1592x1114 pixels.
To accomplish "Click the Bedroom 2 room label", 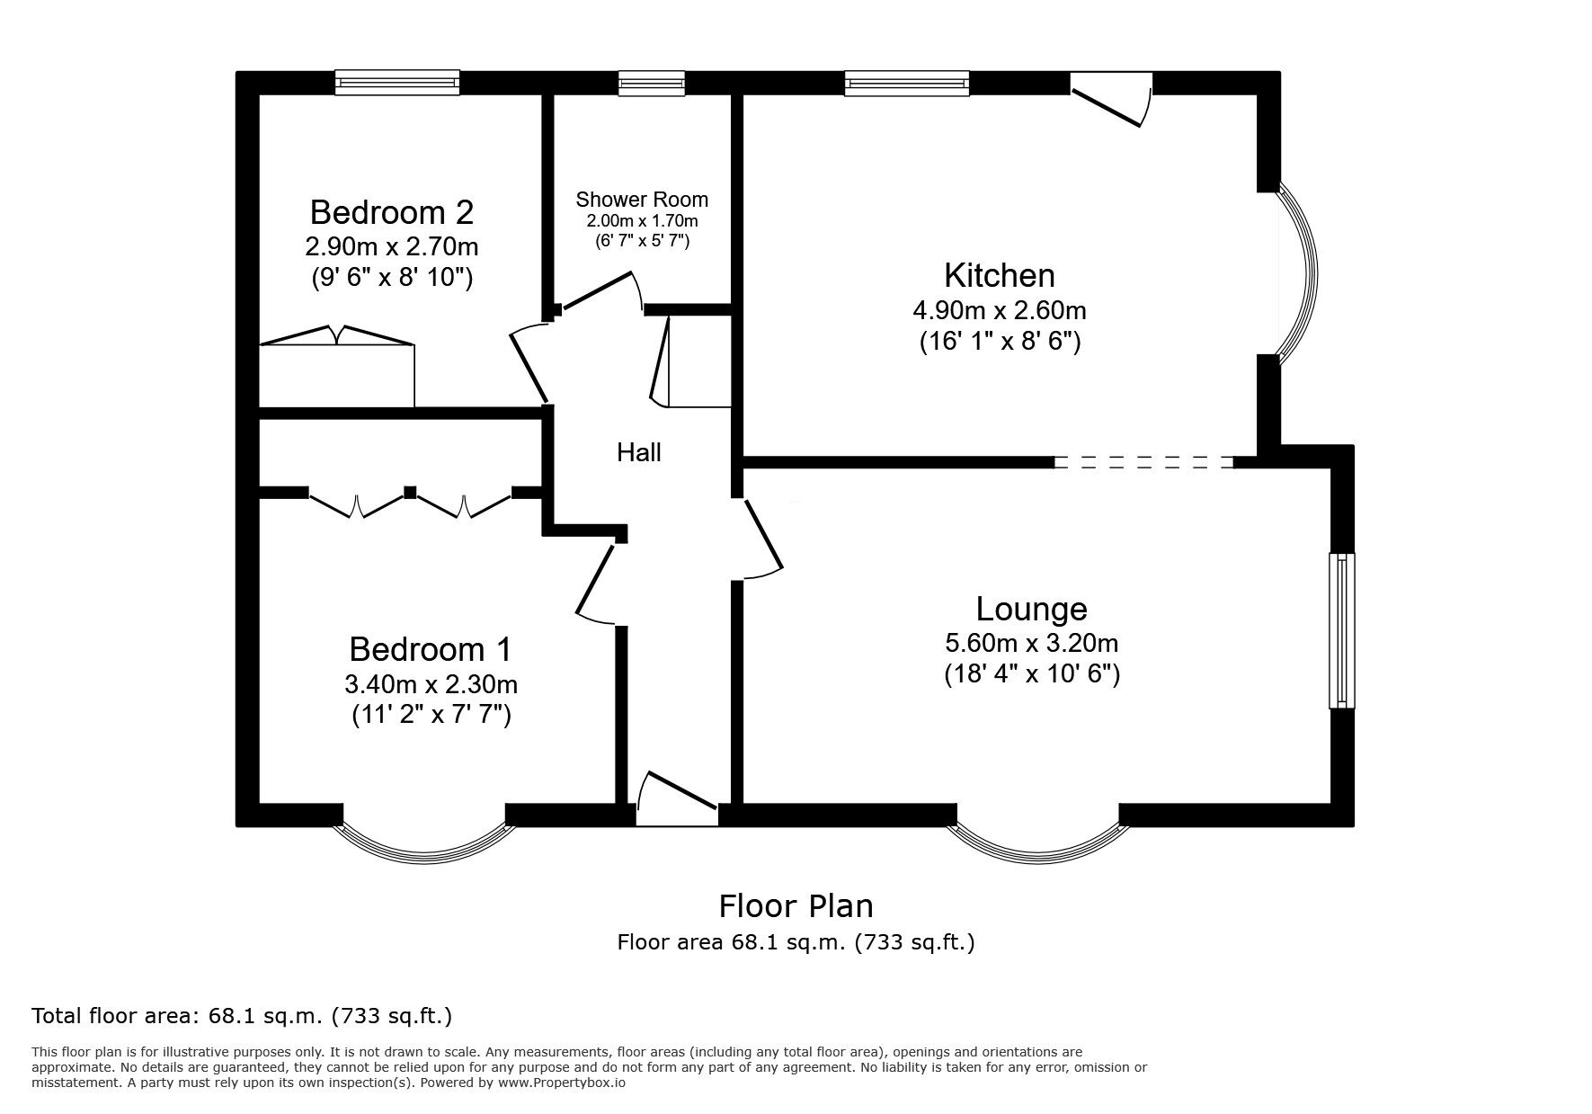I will pyautogui.click(x=391, y=213).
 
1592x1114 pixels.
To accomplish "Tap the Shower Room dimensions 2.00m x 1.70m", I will pyautogui.click(x=642, y=221).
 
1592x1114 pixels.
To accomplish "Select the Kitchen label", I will pyautogui.click(x=999, y=275).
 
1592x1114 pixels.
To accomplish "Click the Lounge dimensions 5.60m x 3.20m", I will pyautogui.click(x=1031, y=644).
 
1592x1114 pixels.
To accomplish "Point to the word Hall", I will pyautogui.click(x=639, y=452).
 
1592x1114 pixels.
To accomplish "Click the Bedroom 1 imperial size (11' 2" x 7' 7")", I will pyautogui.click(x=431, y=717).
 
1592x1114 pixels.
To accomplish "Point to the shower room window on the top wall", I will pyautogui.click(x=651, y=84).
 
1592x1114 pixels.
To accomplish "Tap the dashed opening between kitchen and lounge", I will pyautogui.click(x=1143, y=462).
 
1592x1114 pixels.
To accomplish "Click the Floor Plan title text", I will pyautogui.click(x=796, y=905).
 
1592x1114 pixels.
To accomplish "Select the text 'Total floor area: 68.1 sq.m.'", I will pyautogui.click(x=178, y=1017).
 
